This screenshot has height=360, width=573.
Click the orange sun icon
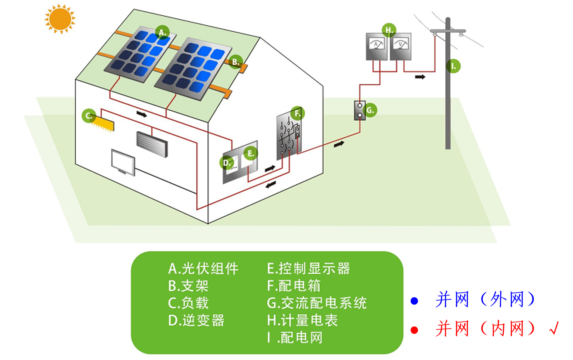[x=60, y=18]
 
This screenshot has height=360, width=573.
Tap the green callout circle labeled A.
[x=163, y=32]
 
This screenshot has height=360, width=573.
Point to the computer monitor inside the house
[x=123, y=162]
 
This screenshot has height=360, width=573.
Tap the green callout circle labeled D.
[x=227, y=163]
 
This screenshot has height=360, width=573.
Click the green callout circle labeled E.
[x=250, y=153]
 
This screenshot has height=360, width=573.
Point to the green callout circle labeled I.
[x=454, y=66]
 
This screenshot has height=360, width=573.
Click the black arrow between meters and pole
[x=420, y=77]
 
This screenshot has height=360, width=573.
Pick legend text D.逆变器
[x=196, y=320]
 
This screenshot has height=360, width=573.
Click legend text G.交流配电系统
[x=317, y=303]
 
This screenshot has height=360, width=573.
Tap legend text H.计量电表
[x=302, y=320]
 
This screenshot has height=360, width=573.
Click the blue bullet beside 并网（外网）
[x=414, y=301]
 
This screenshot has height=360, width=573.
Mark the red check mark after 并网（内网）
[x=554, y=328]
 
